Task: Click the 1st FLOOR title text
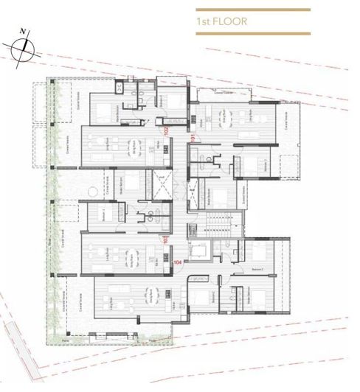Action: [x=221, y=21]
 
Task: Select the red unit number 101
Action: [x=193, y=138]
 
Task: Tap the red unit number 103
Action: [x=167, y=239]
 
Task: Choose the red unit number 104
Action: [x=176, y=262]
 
